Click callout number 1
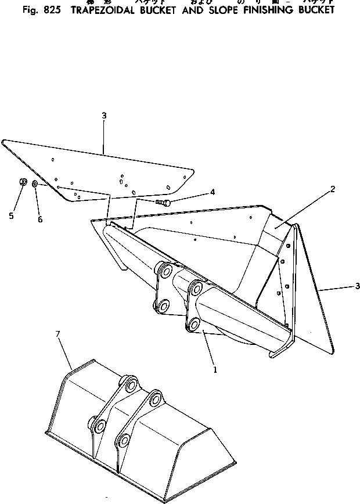[x=215, y=369]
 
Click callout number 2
[x=333, y=189]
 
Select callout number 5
[x=11, y=216]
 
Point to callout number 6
[x=40, y=219]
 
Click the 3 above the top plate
[x=104, y=116]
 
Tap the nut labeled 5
[x=23, y=183]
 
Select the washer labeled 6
[x=36, y=184]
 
